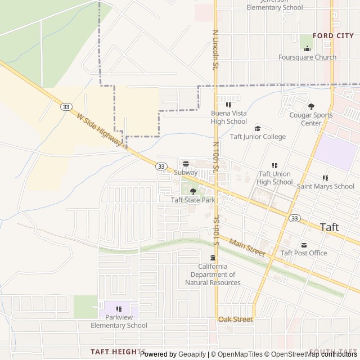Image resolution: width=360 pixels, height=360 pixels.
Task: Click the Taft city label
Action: point(330,227)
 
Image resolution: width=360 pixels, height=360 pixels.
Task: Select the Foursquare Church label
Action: point(307,57)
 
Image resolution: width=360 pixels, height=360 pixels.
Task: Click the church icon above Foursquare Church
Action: point(307,48)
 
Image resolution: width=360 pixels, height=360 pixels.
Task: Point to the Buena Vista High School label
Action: point(228,117)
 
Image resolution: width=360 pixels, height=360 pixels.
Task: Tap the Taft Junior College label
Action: point(258,137)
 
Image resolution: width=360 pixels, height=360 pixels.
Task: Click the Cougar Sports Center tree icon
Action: point(311,106)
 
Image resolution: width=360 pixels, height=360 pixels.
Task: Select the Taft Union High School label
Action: point(274,178)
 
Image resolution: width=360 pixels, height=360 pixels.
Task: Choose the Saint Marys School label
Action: point(326,186)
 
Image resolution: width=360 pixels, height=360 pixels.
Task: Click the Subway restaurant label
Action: point(186,173)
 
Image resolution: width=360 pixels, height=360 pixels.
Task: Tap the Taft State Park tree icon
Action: point(193,191)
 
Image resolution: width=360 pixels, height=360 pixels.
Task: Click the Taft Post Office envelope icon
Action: point(304,245)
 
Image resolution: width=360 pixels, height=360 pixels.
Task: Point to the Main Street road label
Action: point(247,247)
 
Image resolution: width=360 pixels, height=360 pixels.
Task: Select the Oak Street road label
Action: point(236,319)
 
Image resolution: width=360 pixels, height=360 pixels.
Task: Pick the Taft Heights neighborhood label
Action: point(118,352)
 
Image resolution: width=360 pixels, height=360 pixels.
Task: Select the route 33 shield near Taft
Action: point(295,218)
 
